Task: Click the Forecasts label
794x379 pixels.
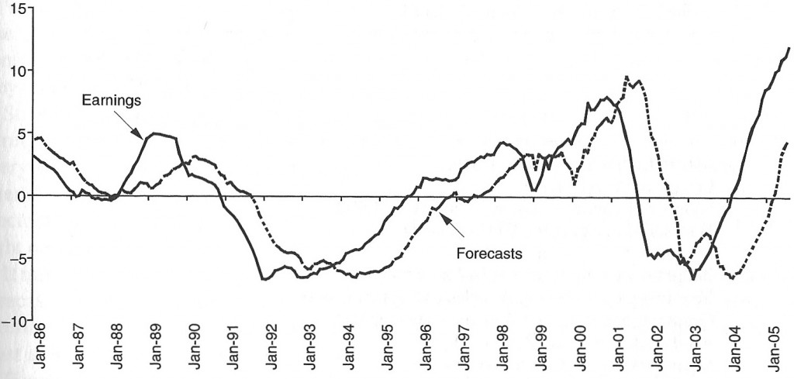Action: (x=488, y=252)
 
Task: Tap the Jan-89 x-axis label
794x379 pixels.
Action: (x=155, y=341)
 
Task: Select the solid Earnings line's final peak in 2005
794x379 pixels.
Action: (x=789, y=48)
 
